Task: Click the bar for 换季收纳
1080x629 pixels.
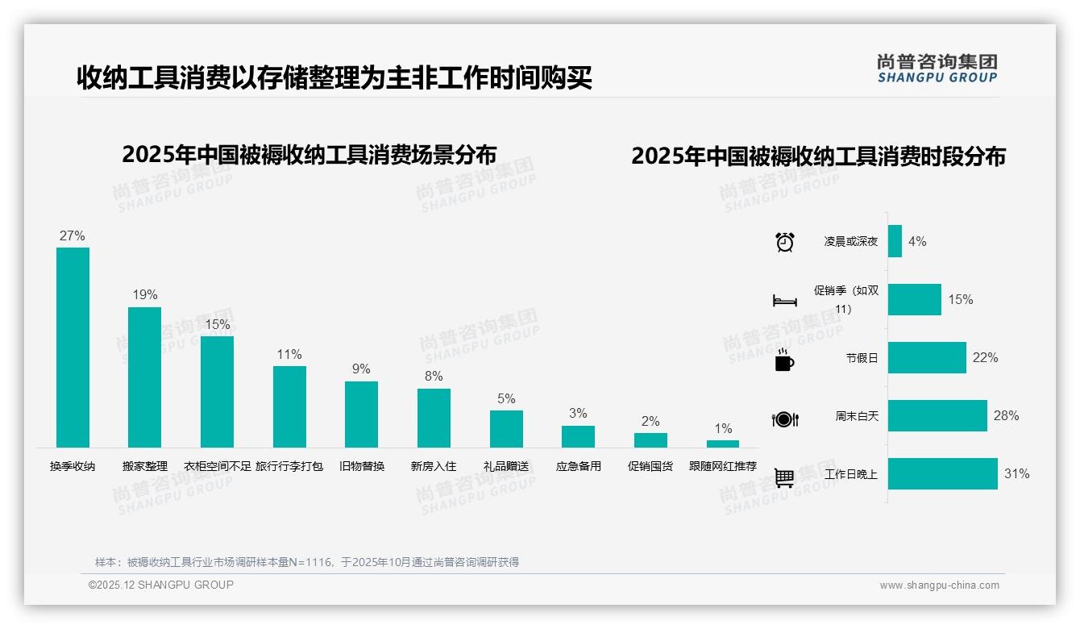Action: (73, 347)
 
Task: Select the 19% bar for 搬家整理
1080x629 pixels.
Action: (145, 377)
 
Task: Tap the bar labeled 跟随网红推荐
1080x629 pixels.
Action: (723, 444)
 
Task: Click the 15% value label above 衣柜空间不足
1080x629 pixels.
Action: (217, 324)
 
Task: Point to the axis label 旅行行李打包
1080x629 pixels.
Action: (289, 466)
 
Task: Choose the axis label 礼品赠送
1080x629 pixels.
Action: (506, 466)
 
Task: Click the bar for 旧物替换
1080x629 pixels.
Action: (361, 414)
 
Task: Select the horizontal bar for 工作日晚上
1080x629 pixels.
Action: (942, 474)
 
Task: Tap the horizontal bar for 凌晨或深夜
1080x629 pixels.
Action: (895, 241)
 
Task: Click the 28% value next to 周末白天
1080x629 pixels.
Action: (1006, 416)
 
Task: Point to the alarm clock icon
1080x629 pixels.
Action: (784, 241)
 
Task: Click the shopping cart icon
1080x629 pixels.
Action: (784, 478)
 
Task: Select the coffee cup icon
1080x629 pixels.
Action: (784, 360)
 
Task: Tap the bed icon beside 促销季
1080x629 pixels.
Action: (784, 301)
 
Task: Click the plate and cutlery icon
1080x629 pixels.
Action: (784, 419)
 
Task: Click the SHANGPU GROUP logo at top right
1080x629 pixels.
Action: (937, 68)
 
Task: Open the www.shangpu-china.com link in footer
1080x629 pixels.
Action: (939, 585)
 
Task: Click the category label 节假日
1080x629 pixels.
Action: (862, 358)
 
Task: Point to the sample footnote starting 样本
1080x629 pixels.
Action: (307, 562)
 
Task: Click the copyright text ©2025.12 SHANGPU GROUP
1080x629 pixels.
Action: (161, 585)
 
